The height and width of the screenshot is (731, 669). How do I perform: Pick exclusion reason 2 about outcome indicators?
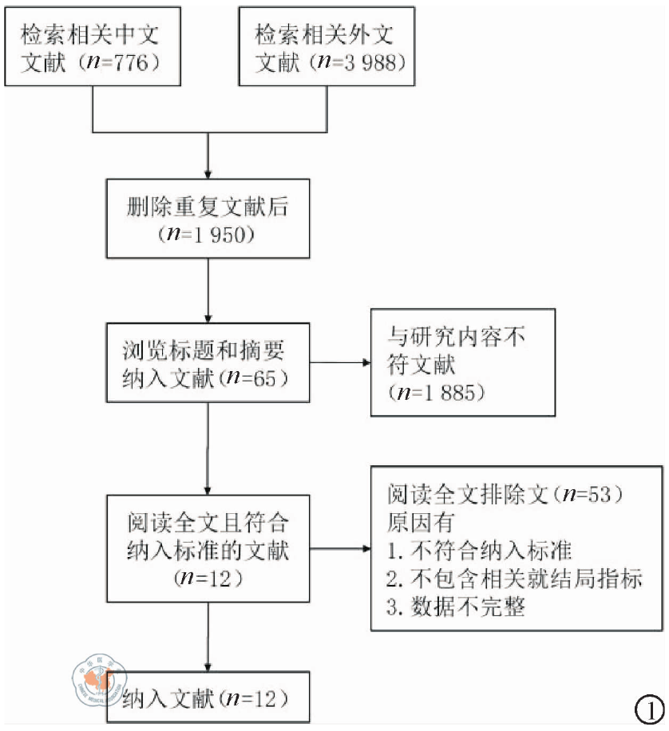tap(515, 579)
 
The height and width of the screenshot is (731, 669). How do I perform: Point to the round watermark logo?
tap(94, 680)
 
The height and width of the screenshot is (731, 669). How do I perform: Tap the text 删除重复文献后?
tap(208, 208)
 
